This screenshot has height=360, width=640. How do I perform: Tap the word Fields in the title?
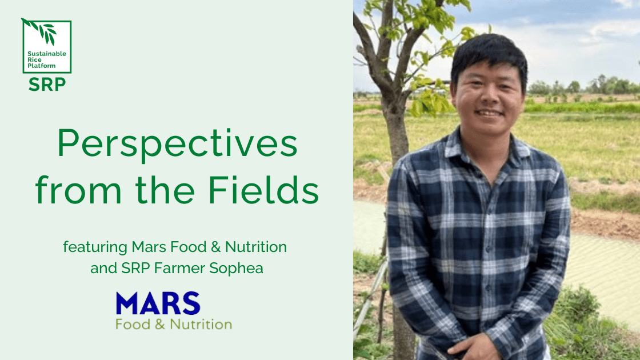point(263,190)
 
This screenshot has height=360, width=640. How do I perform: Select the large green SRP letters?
point(47,85)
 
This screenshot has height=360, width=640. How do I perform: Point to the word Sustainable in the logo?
point(46,54)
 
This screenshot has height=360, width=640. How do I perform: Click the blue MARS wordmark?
point(158,303)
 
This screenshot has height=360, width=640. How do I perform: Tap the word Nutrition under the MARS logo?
point(201,325)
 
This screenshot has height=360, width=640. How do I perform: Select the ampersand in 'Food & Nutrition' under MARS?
point(160,325)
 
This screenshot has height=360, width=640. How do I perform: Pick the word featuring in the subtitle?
point(95,247)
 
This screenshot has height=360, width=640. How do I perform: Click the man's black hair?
point(489,55)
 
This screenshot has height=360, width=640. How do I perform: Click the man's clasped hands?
point(475,347)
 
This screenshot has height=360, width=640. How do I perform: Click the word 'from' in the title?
point(78,190)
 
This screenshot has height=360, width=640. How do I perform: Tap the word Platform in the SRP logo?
point(41,66)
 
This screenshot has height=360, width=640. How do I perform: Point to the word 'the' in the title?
point(165,190)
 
